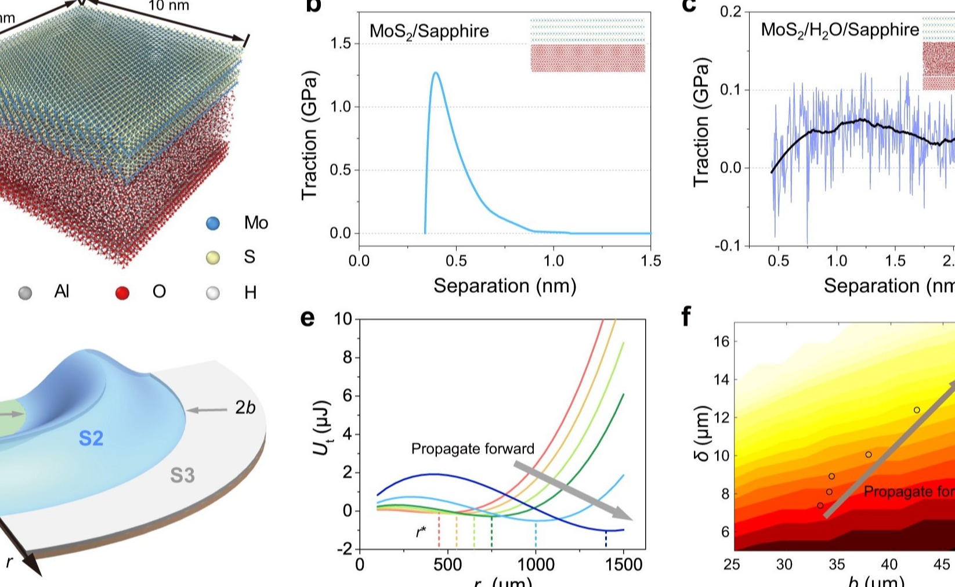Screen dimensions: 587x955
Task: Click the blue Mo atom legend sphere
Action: pos(213,223)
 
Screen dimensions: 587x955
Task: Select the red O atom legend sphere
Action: pos(122,293)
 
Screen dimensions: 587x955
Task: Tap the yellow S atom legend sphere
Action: pos(213,258)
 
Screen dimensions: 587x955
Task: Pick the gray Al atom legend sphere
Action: pos(25,293)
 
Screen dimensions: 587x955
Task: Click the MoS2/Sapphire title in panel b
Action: pos(429,31)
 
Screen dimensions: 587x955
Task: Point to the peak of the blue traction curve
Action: pos(435,73)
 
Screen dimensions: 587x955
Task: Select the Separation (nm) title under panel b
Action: pos(505,286)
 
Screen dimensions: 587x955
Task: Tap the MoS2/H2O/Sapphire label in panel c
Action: pos(840,30)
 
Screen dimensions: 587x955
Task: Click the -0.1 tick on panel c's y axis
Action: pos(728,246)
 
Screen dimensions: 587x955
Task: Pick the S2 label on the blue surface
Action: pos(91,439)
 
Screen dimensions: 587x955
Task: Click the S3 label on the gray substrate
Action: pos(182,476)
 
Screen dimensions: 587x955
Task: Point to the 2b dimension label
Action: pos(245,408)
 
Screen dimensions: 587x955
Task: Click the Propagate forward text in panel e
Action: pos(472,449)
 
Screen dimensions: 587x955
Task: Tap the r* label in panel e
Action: pos(421,531)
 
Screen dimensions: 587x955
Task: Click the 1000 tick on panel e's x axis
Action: pos(536,564)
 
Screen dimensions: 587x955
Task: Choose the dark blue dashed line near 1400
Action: pos(606,539)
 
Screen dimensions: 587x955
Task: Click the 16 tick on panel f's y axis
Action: pos(721,341)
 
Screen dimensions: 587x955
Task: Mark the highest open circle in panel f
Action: pos(917,410)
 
